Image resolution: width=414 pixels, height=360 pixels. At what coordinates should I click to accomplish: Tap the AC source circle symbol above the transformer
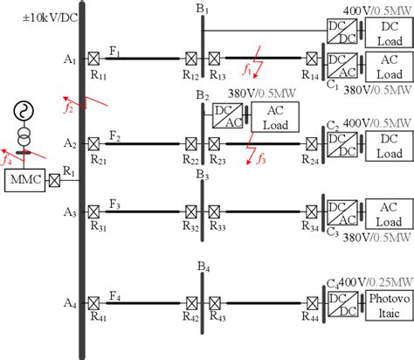point(21,114)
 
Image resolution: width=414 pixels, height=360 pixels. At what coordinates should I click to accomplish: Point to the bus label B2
point(203,95)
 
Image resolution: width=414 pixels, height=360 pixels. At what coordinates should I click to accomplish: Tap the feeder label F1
point(114,52)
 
